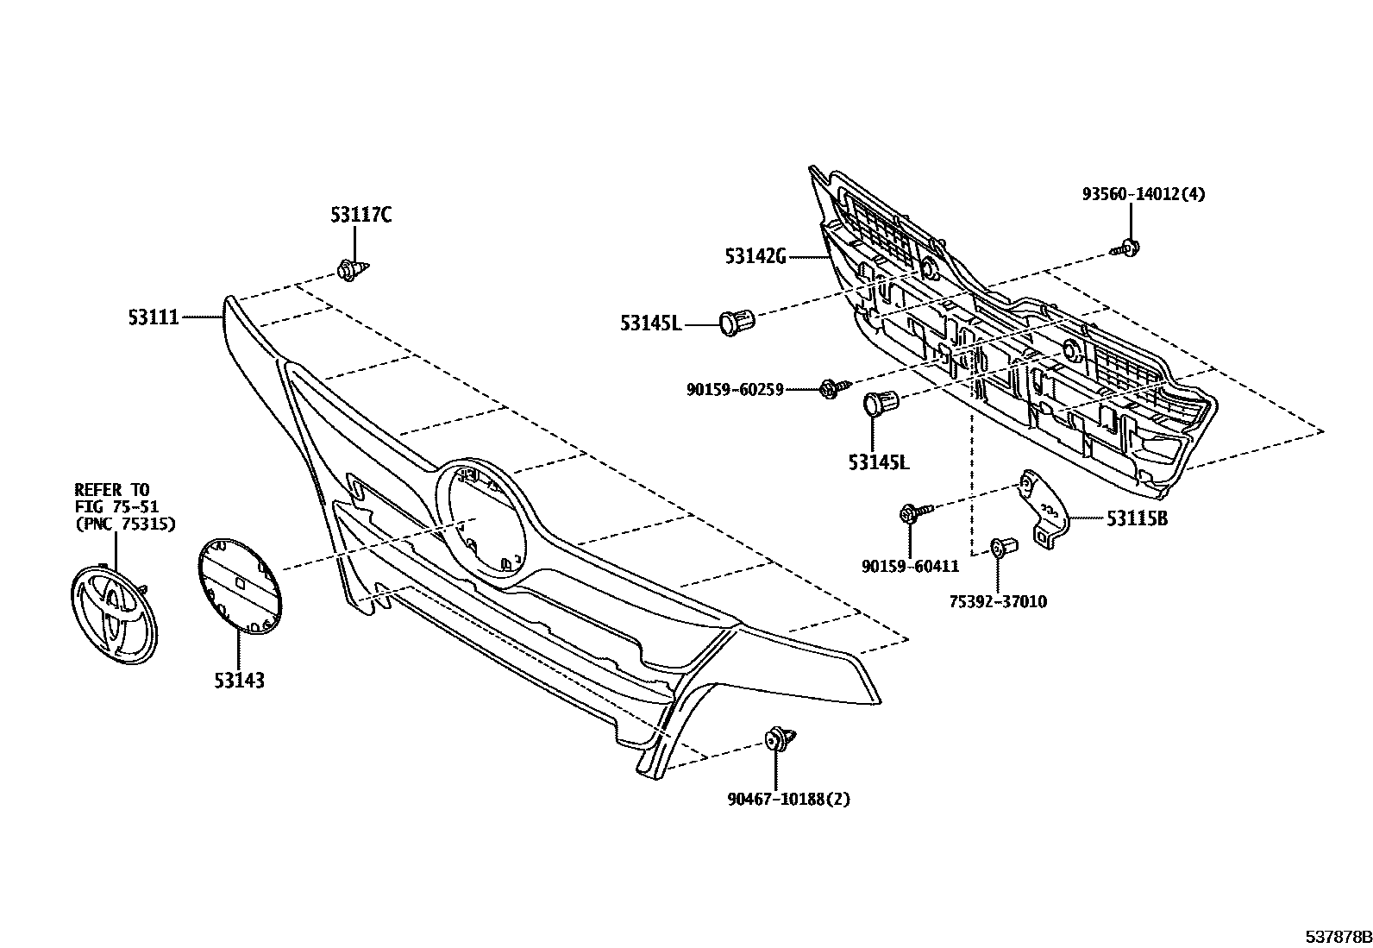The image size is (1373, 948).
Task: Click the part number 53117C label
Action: tap(360, 215)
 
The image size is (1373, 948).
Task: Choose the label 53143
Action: tap(239, 681)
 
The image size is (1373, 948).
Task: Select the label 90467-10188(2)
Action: tap(788, 799)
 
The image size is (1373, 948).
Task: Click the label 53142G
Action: tap(755, 255)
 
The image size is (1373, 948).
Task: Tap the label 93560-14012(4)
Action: tap(1144, 194)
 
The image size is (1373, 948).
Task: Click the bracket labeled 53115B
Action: tap(1045, 514)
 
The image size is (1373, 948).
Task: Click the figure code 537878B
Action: tap(1336, 937)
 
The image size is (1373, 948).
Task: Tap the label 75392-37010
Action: tap(999, 601)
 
